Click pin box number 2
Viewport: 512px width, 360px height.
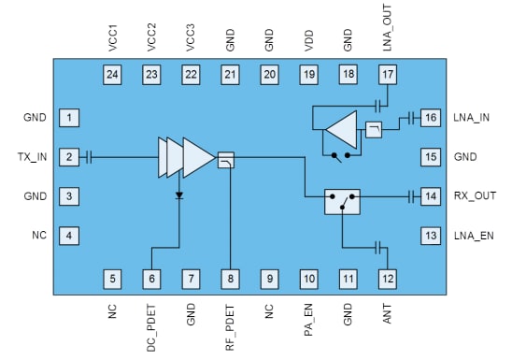69,156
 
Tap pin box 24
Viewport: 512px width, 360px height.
111,74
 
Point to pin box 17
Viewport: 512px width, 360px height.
388,74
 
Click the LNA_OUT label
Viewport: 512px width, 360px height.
388,28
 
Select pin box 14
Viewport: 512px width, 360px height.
429,196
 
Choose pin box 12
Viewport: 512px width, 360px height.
388,278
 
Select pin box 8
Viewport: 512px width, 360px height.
229,278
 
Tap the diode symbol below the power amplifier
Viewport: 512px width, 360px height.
178,195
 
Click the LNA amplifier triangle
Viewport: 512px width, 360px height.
340,128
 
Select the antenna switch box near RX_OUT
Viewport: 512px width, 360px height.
342,201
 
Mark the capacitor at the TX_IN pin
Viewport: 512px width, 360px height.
89,157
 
